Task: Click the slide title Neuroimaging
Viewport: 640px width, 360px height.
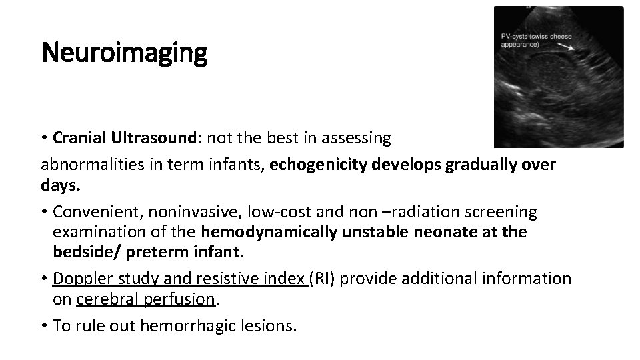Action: (x=125, y=53)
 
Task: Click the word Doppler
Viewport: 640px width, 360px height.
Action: (x=83, y=277)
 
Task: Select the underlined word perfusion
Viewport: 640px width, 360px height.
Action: (x=185, y=299)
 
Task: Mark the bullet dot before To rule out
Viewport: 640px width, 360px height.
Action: (x=45, y=326)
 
